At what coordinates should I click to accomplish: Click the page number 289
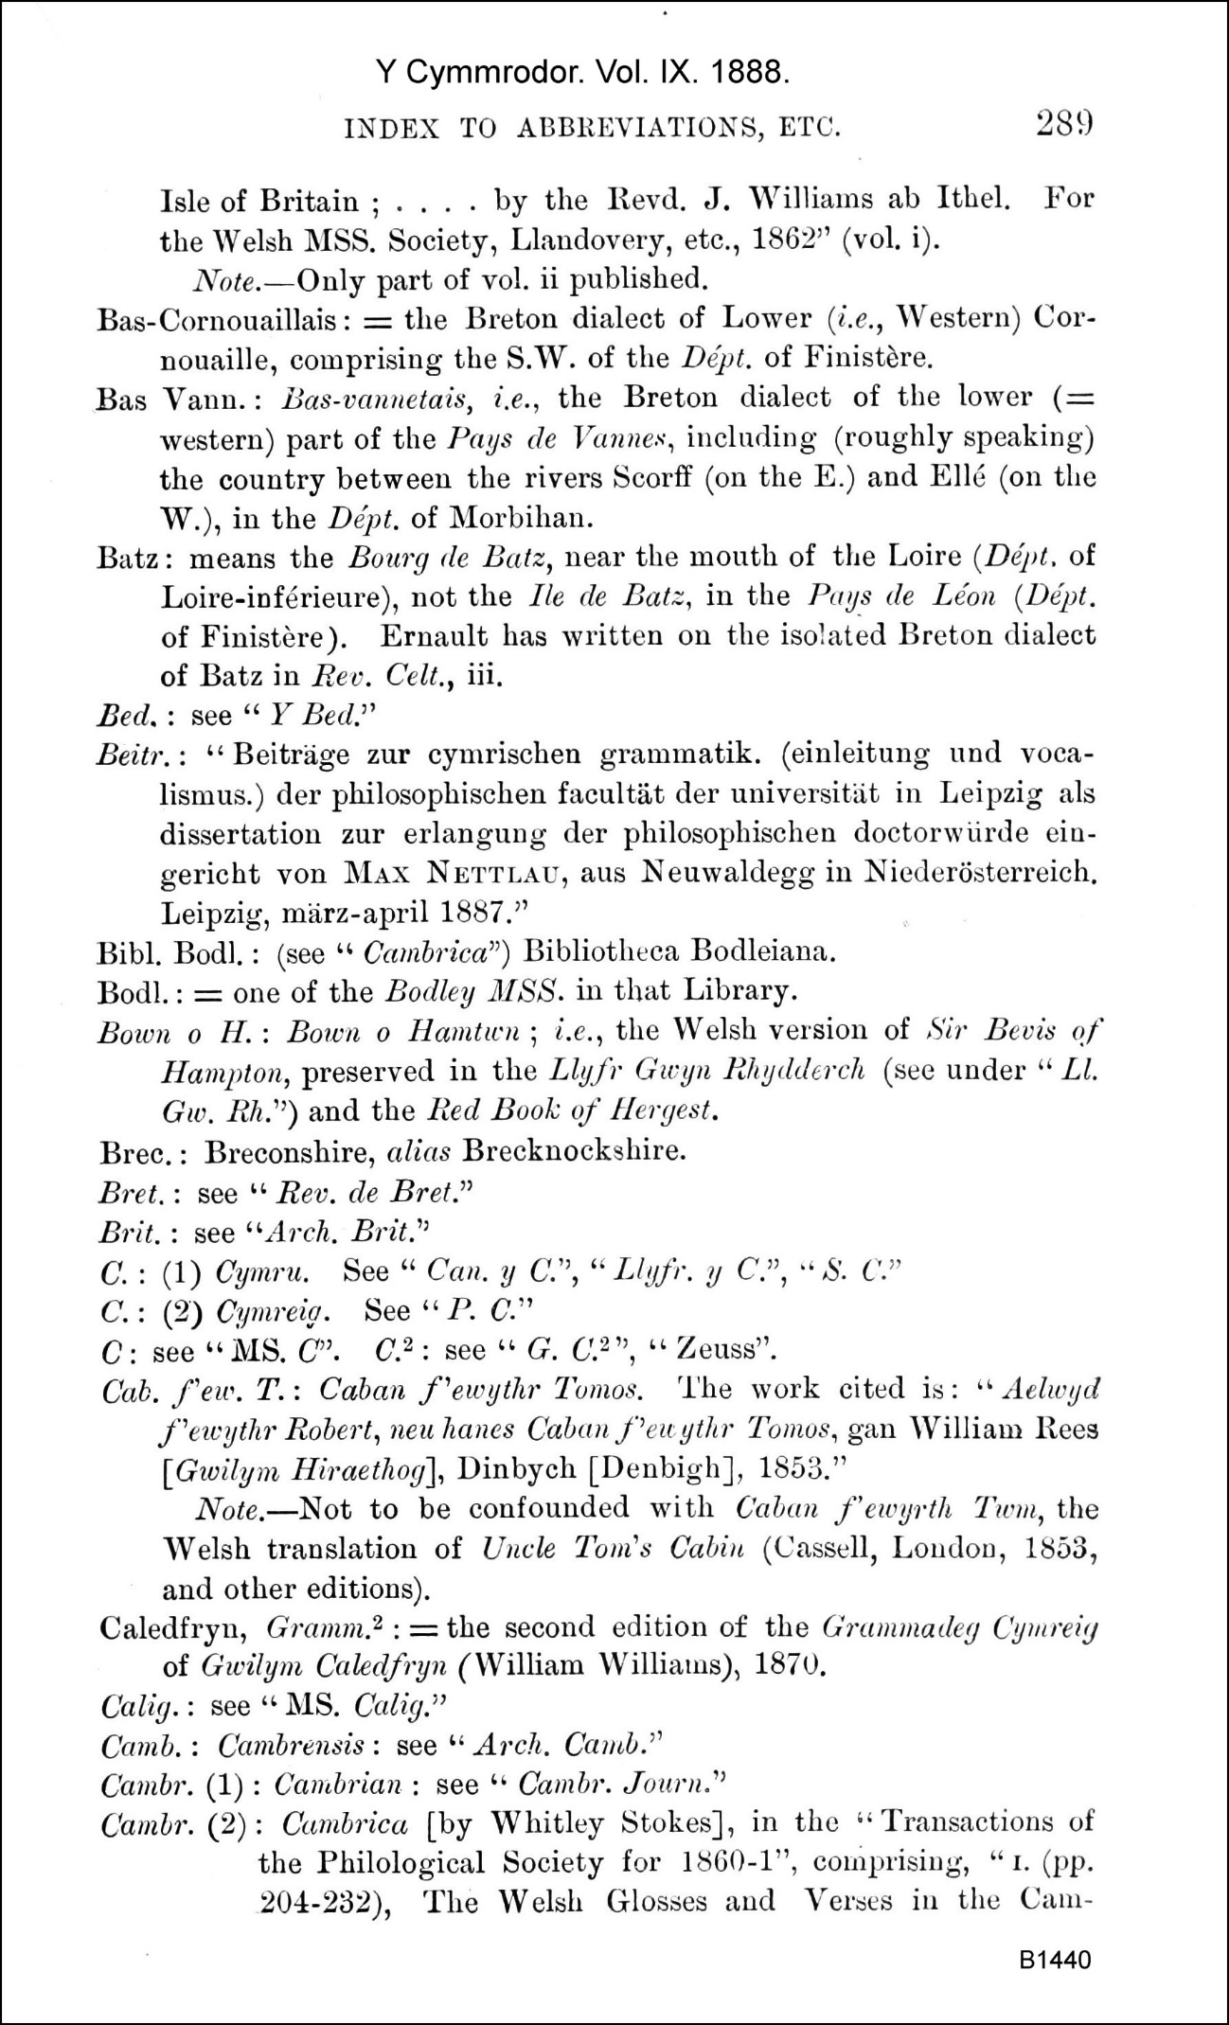(x=1064, y=125)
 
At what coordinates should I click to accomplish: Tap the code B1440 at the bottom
(x=1056, y=1960)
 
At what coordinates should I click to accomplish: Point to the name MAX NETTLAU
(x=456, y=873)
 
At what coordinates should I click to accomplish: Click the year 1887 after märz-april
(x=476, y=913)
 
